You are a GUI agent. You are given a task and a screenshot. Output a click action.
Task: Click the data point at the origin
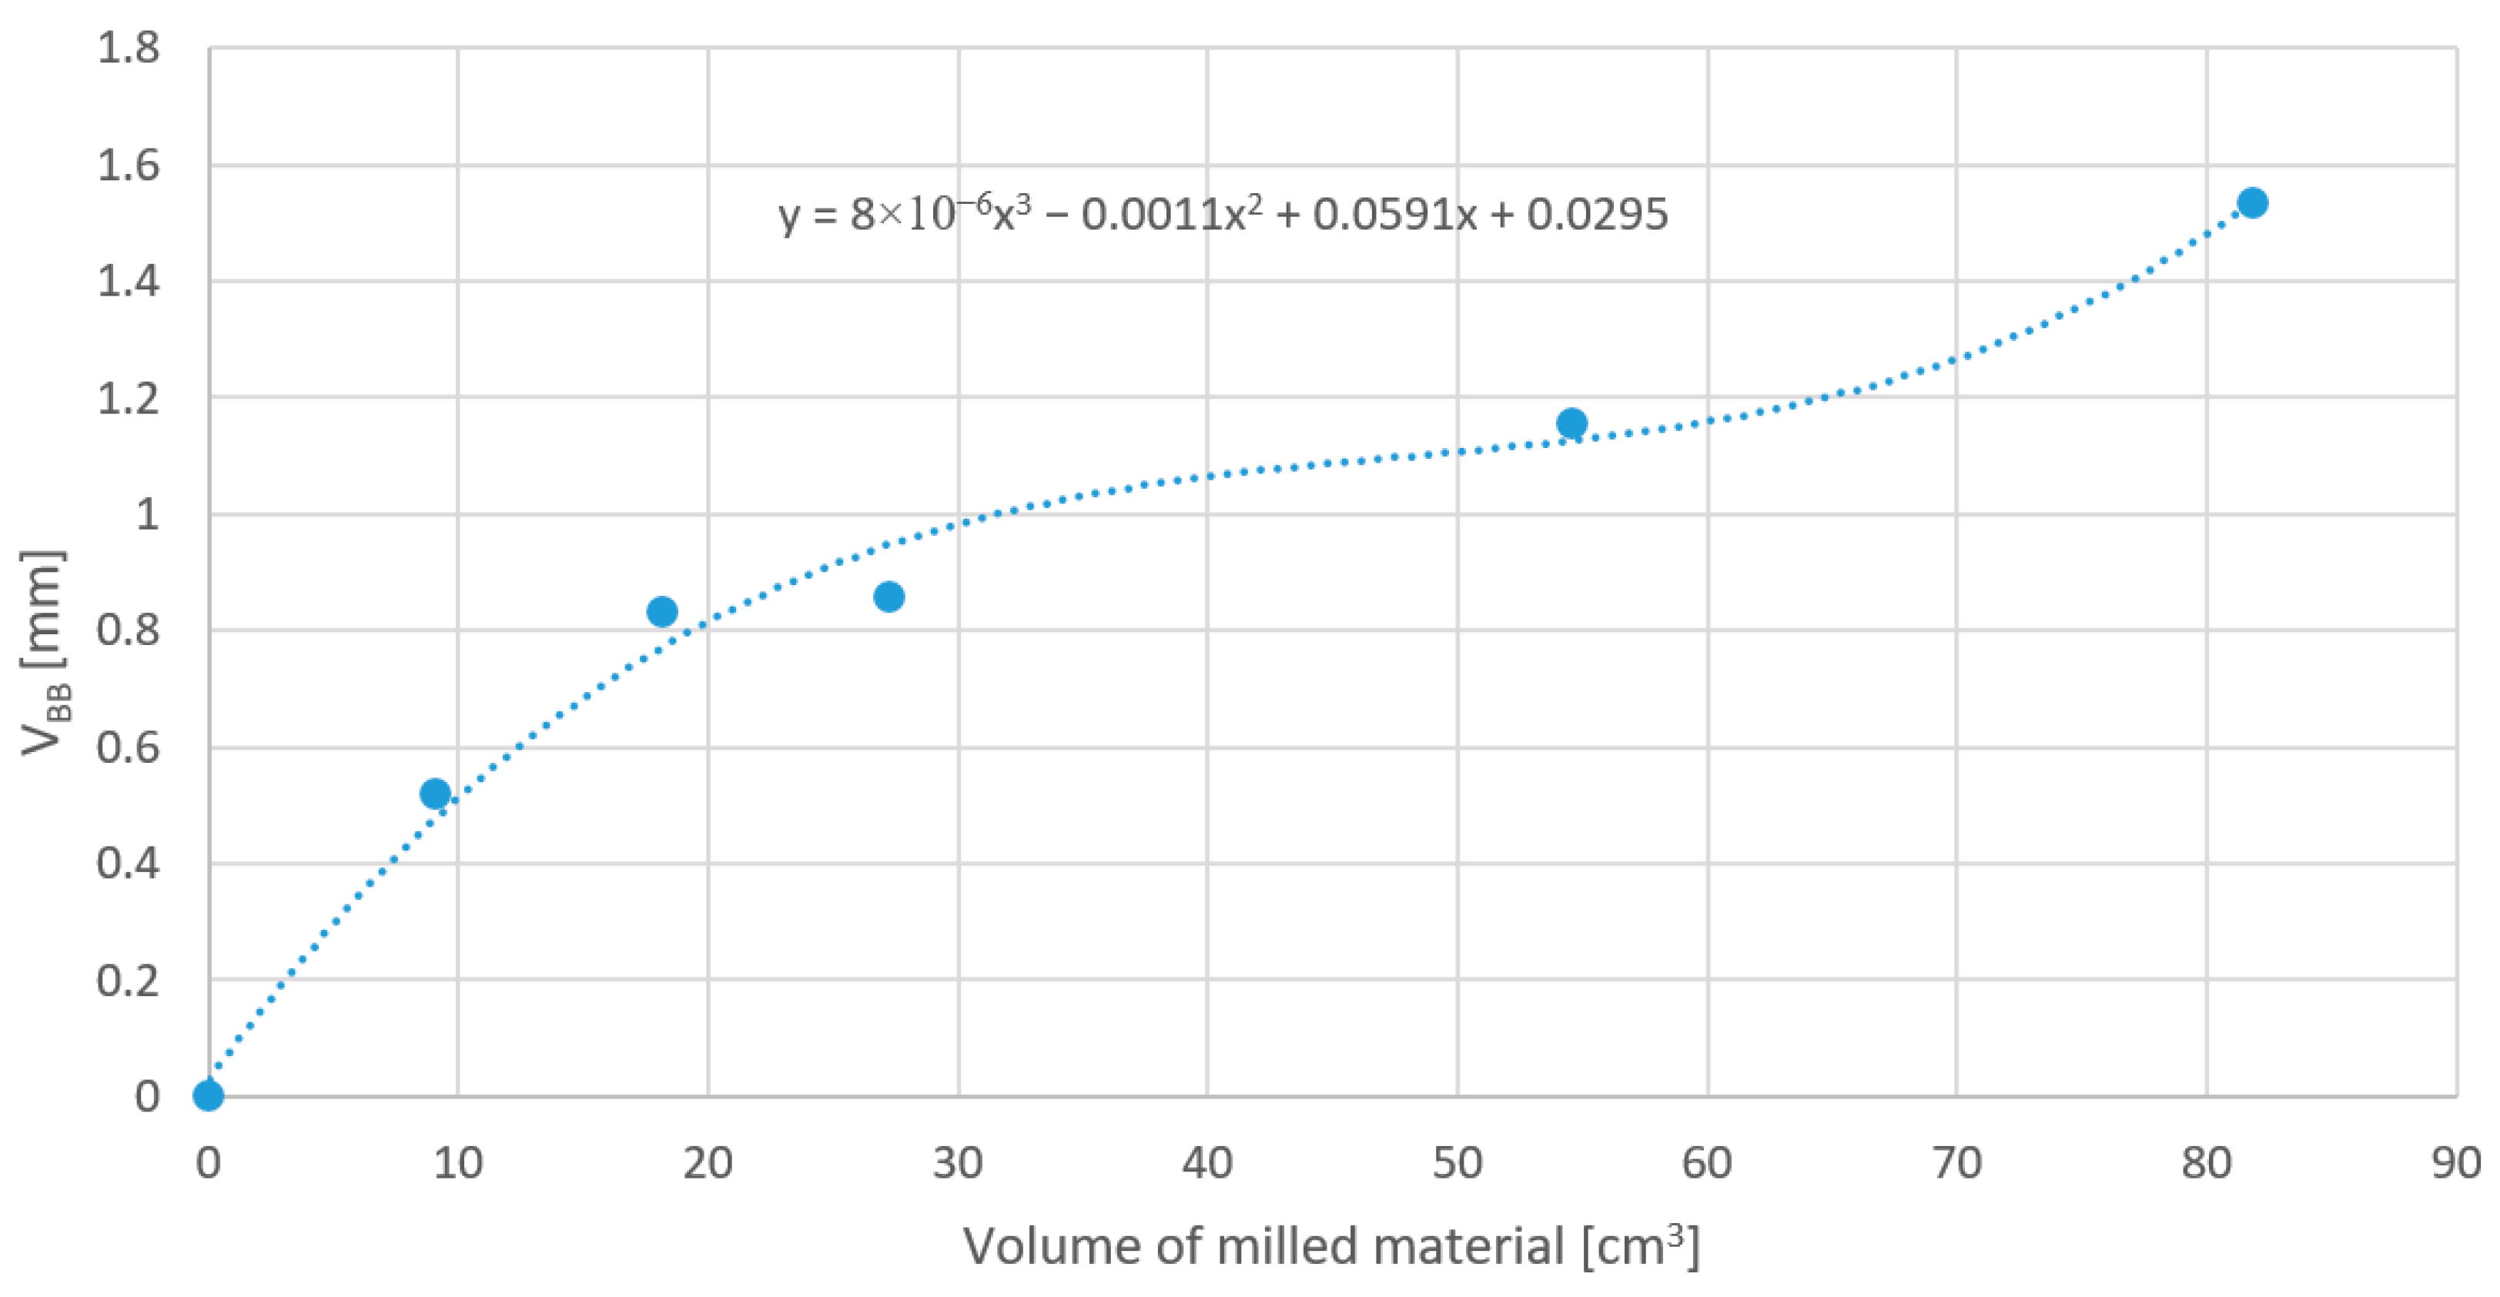[209, 1095]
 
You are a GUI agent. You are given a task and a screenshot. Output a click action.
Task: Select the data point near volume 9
[436, 794]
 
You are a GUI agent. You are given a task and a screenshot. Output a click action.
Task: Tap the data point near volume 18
[662, 612]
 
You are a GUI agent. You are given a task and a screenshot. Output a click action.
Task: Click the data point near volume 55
[1572, 423]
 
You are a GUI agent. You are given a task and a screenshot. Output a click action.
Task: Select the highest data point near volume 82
[2253, 202]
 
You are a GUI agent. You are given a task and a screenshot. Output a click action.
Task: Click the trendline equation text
[1223, 213]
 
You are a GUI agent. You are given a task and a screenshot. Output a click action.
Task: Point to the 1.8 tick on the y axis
[128, 48]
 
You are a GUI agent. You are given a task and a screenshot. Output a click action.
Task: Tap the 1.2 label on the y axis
[128, 399]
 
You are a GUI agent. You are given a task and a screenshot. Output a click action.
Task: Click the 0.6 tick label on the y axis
[128, 748]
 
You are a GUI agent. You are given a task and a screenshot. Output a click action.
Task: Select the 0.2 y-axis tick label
[128, 981]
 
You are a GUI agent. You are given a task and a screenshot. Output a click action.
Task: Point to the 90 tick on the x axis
[2456, 1162]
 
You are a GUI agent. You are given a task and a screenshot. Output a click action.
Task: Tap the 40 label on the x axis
[1207, 1162]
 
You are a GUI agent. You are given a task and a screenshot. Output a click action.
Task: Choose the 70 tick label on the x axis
[1956, 1162]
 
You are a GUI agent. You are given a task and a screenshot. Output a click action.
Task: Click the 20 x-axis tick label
[708, 1162]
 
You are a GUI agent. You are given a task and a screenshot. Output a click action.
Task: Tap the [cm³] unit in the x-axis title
[1641, 1246]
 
